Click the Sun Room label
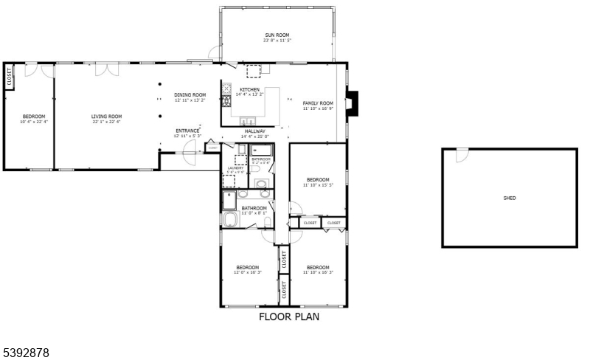(277, 35)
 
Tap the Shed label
(509, 198)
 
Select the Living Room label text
(106, 117)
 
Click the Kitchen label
(249, 90)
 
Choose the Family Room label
(318, 103)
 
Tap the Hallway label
(255, 131)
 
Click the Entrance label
(187, 131)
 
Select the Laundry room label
(235, 168)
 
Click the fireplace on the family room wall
(353, 103)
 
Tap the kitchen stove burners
(226, 97)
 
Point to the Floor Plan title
(288, 317)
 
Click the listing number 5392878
(26, 353)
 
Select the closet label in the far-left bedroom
(10, 77)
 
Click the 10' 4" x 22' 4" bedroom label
(34, 118)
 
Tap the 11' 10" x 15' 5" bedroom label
(318, 181)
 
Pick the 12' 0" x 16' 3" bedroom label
(247, 269)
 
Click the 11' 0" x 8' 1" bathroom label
(254, 210)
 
